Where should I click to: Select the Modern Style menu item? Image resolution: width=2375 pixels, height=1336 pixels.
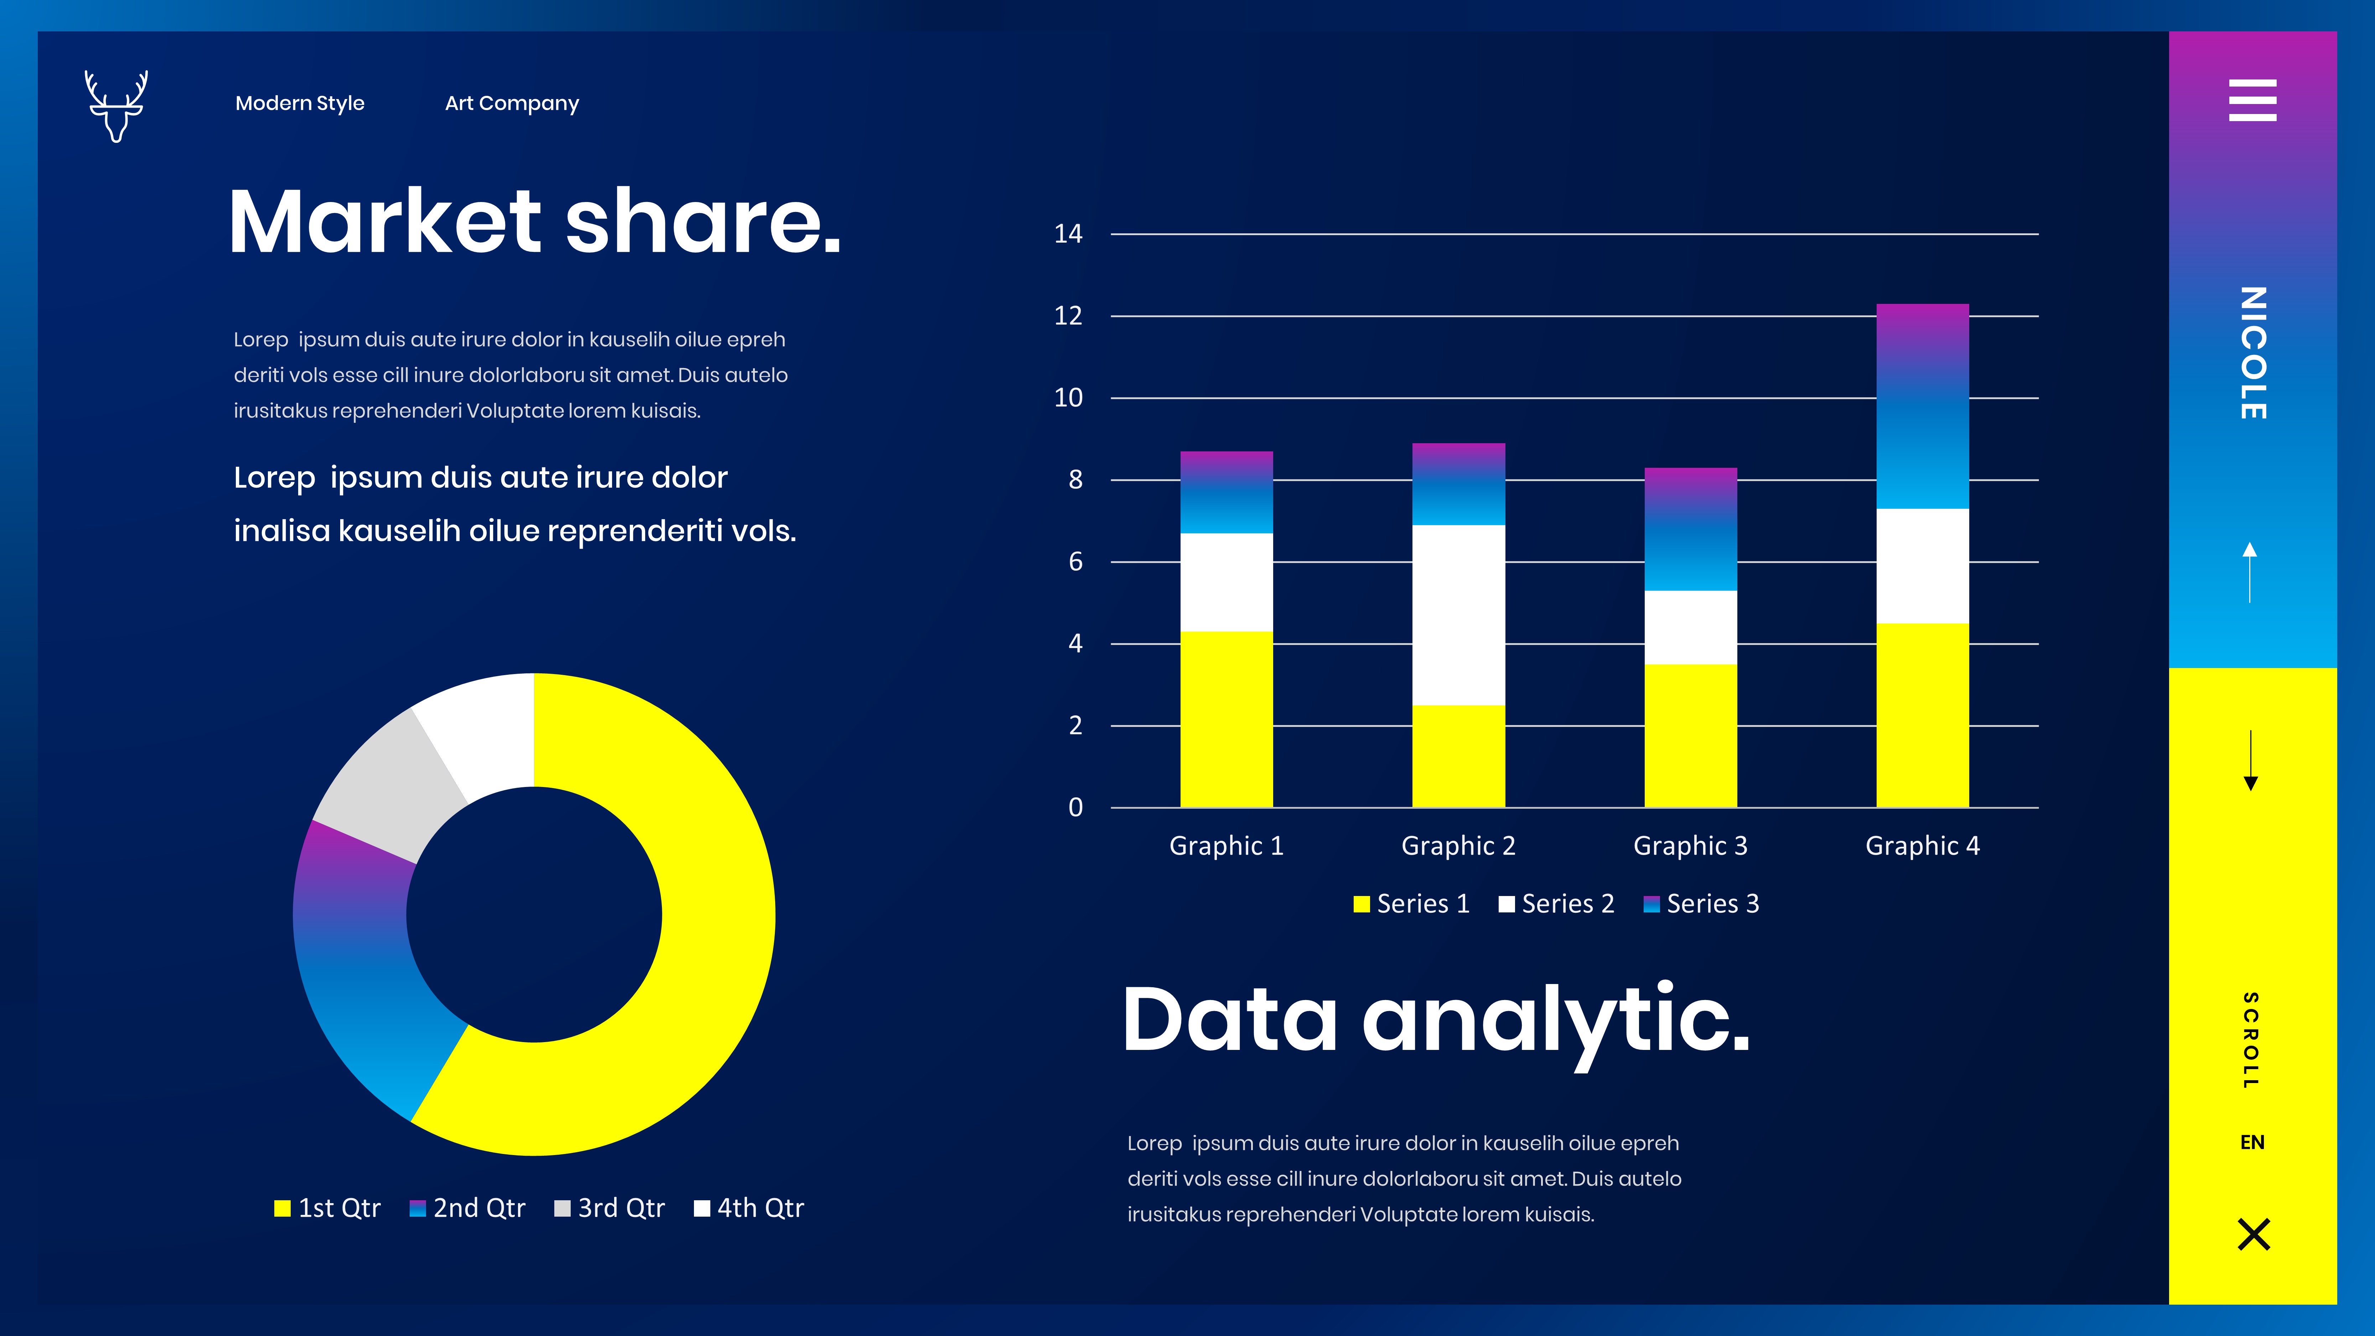click(x=300, y=103)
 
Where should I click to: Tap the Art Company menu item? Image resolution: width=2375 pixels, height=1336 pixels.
click(x=512, y=103)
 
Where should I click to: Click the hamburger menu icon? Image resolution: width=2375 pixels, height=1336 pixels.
click(x=2252, y=100)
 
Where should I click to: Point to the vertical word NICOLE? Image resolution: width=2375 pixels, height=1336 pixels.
click(x=2252, y=353)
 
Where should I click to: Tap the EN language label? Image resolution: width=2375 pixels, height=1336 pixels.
click(x=2252, y=1143)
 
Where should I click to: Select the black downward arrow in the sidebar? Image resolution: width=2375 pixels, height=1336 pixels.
click(x=2251, y=761)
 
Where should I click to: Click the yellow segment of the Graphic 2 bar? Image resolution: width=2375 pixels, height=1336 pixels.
click(x=1458, y=756)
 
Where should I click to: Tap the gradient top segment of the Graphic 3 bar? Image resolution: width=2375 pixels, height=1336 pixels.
click(x=1691, y=529)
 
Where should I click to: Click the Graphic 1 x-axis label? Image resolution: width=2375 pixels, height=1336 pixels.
click(x=1226, y=845)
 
